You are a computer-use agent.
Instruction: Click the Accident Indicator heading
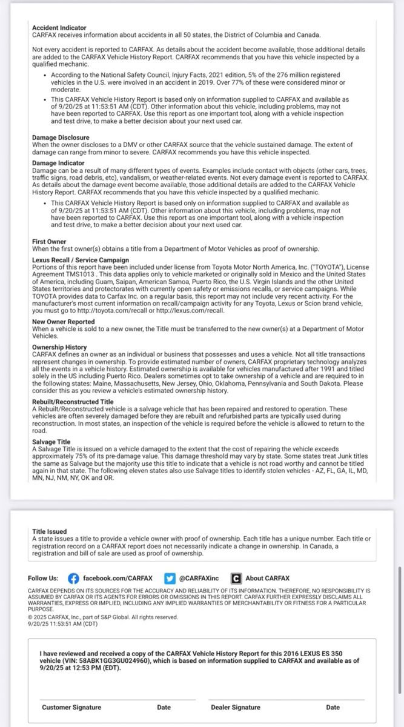click(x=59, y=28)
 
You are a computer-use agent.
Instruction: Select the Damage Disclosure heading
click(x=61, y=138)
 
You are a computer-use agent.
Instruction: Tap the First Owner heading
click(x=49, y=242)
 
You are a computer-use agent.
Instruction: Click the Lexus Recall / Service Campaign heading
click(x=81, y=260)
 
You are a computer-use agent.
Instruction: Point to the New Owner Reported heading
click(x=64, y=322)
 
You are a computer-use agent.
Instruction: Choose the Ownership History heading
click(x=59, y=347)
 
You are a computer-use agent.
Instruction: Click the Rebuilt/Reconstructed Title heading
click(x=73, y=402)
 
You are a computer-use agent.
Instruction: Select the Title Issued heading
click(x=50, y=531)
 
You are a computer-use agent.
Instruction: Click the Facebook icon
click(x=73, y=578)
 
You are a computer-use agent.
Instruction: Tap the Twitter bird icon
click(x=170, y=578)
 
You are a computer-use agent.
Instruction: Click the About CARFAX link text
click(x=267, y=578)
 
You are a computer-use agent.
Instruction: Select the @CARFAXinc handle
click(x=198, y=578)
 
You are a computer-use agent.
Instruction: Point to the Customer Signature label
click(x=71, y=707)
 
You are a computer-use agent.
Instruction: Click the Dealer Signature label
click(x=236, y=707)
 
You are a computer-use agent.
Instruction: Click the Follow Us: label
click(x=44, y=578)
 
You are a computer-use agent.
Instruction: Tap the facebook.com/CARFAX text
click(x=118, y=578)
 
